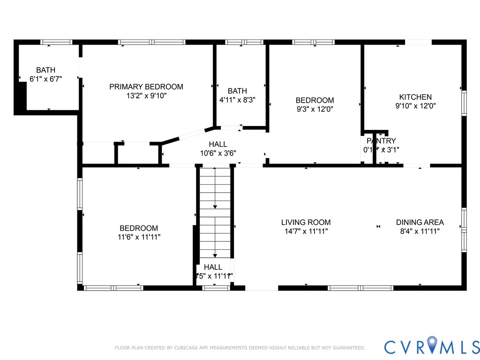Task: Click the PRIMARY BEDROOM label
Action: pyautogui.click(x=146, y=87)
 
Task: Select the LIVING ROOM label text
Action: pyautogui.click(x=306, y=222)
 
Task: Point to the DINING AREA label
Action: pyautogui.click(x=420, y=222)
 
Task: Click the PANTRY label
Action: pyautogui.click(x=381, y=141)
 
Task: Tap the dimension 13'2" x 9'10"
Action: pyautogui.click(x=146, y=96)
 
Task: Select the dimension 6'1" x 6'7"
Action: pyautogui.click(x=45, y=79)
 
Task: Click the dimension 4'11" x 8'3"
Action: pyautogui.click(x=237, y=99)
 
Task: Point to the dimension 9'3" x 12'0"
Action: pyautogui.click(x=315, y=109)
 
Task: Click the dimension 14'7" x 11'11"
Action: pyautogui.click(x=306, y=231)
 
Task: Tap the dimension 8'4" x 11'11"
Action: pyautogui.click(x=420, y=231)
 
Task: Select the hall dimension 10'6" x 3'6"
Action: pyautogui.click(x=218, y=153)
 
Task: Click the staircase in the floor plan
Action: pyautogui.click(x=215, y=211)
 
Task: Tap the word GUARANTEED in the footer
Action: pyautogui.click(x=348, y=348)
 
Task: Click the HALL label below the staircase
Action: pyautogui.click(x=213, y=267)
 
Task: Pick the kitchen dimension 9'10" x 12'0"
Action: pyautogui.click(x=415, y=106)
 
